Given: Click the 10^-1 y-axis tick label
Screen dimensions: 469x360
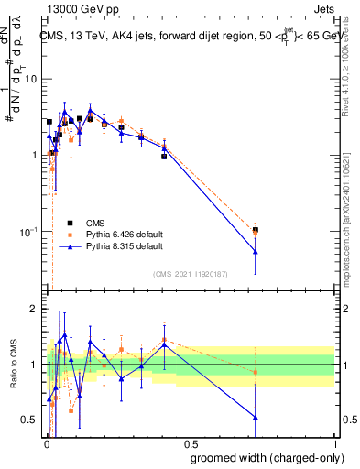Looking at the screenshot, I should click(30, 231).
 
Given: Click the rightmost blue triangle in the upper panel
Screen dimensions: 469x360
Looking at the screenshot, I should click(256, 252).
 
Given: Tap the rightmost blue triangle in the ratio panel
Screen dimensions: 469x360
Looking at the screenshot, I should click(256, 418).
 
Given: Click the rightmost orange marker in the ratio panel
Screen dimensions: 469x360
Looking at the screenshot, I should click(256, 372).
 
